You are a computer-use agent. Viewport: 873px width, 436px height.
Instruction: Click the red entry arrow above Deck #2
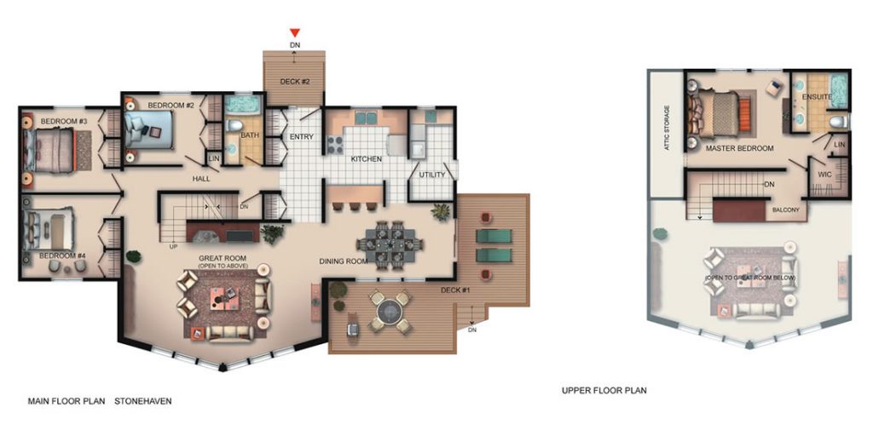click(x=294, y=33)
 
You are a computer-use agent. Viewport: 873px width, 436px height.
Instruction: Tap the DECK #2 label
click(x=294, y=82)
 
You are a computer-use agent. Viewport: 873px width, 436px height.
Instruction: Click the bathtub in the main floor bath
click(x=243, y=104)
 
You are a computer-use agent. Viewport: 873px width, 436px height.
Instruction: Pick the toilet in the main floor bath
click(x=235, y=125)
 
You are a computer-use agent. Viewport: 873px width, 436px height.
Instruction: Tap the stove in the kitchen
click(x=334, y=145)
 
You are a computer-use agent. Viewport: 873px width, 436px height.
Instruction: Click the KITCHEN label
click(x=366, y=159)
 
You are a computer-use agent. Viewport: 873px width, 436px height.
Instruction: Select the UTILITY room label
click(x=432, y=175)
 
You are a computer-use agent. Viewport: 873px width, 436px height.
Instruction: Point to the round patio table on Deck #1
click(x=388, y=312)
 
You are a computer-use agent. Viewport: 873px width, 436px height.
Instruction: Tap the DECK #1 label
click(x=456, y=290)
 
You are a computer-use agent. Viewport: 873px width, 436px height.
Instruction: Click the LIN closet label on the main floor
click(x=214, y=158)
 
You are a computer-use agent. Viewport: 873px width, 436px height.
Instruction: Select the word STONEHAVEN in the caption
click(x=143, y=400)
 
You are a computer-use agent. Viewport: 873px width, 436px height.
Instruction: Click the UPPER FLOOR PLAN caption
click(x=604, y=390)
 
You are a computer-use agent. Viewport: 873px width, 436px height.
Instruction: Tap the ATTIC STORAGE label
click(x=667, y=129)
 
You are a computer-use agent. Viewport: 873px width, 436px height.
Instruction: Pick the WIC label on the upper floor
click(x=824, y=175)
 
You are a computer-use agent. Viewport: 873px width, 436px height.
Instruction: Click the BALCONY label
click(x=786, y=210)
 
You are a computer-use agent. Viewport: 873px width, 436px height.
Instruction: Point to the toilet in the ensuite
click(x=837, y=121)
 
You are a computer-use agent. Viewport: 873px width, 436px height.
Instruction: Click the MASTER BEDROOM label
click(x=739, y=148)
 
